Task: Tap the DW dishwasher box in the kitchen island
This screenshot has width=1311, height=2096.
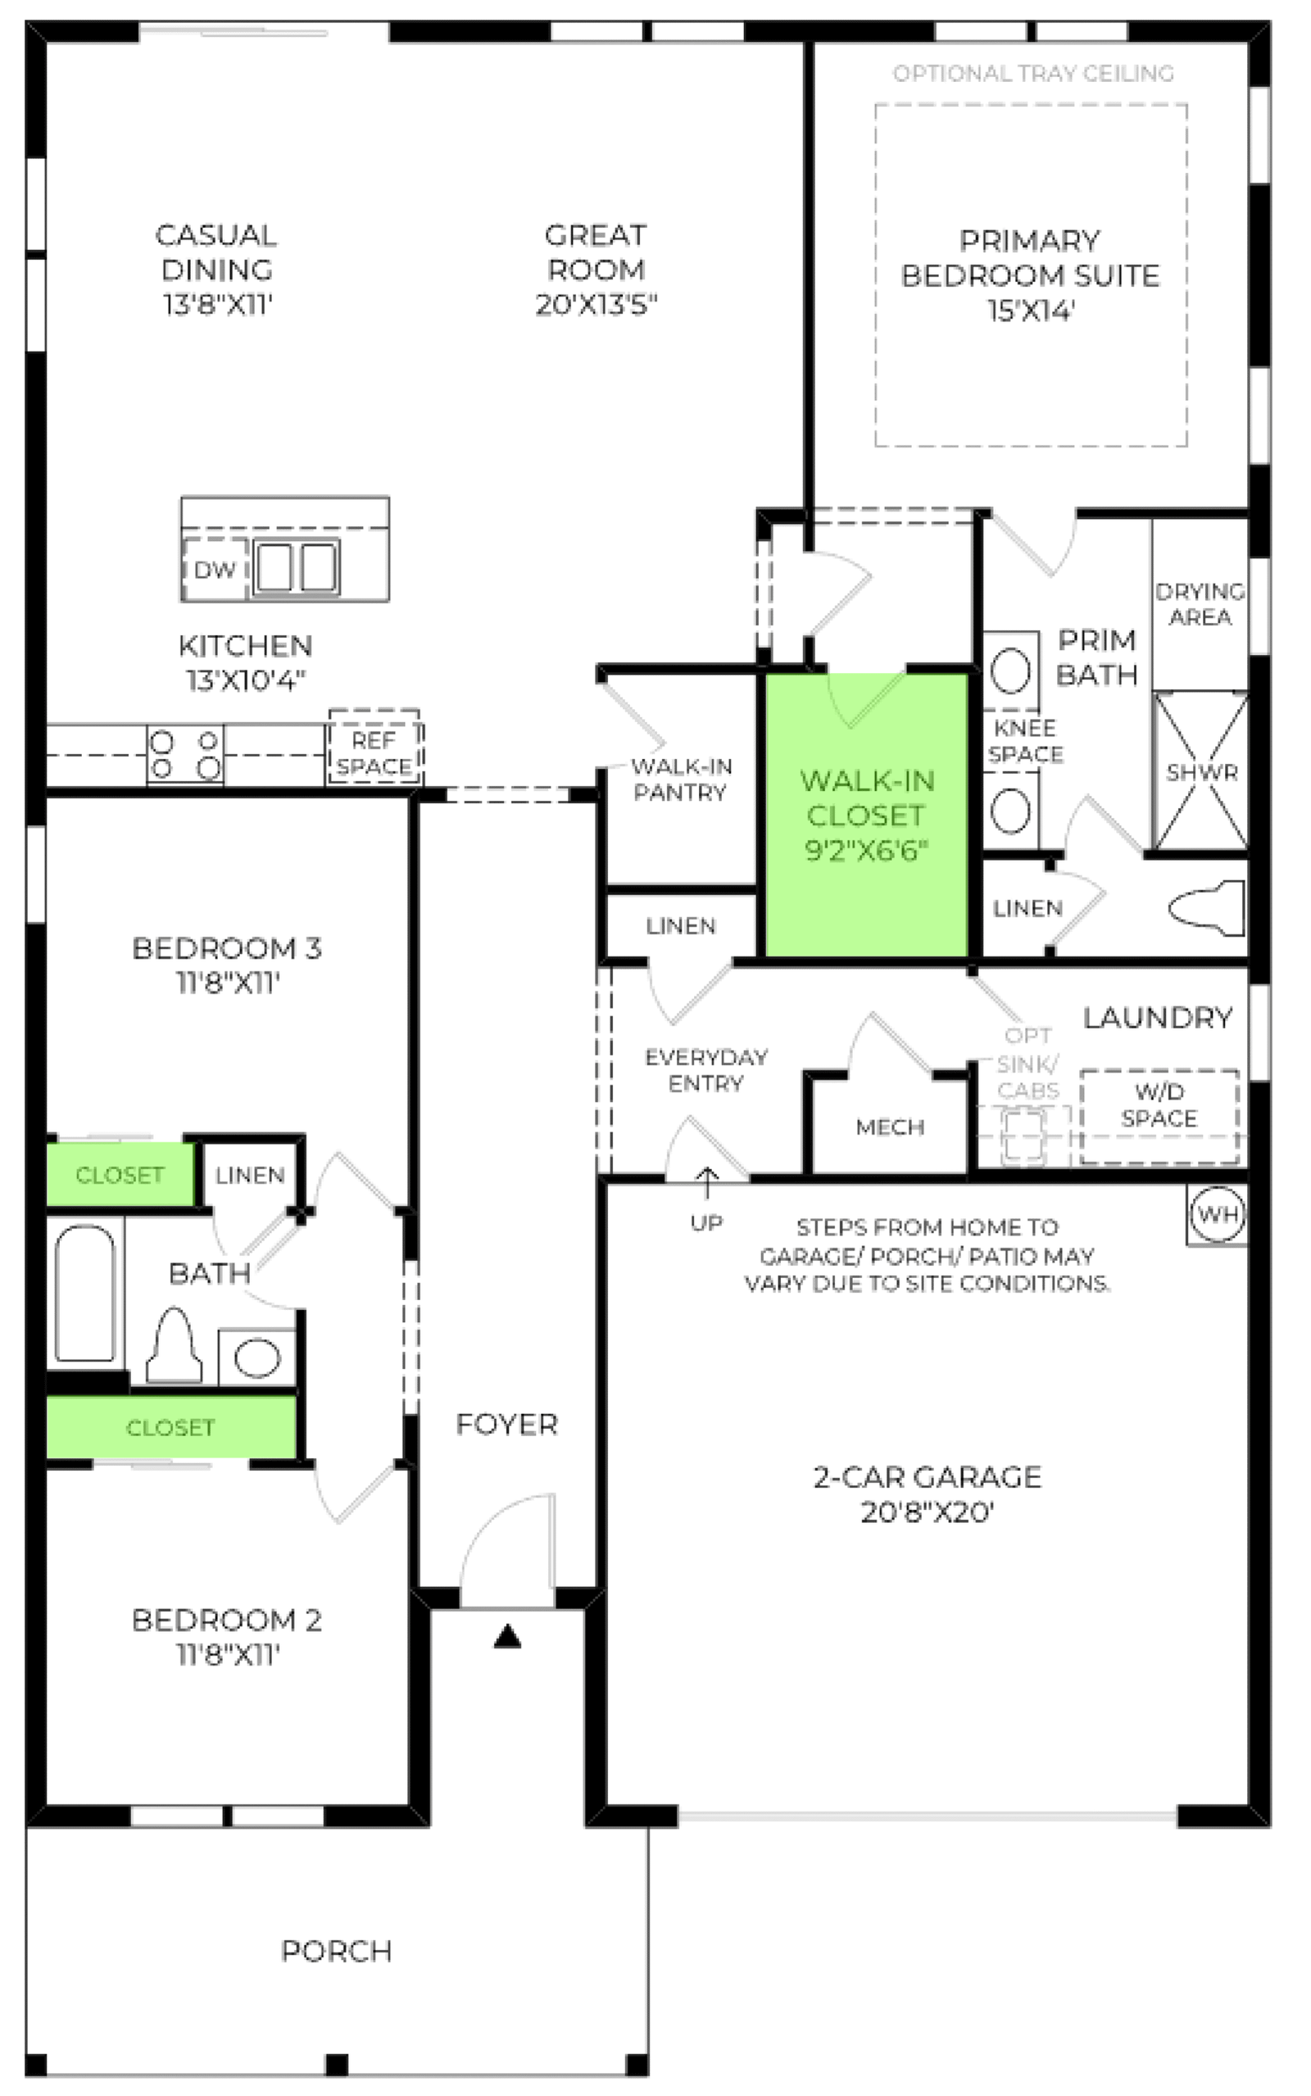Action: pyautogui.click(x=215, y=569)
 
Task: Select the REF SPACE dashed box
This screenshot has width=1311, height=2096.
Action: pyautogui.click(x=374, y=747)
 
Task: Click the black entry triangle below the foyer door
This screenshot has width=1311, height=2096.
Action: pyautogui.click(x=507, y=1636)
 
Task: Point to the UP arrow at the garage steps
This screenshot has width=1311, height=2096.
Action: pyautogui.click(x=707, y=1183)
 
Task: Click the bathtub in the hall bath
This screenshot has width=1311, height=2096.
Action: pyautogui.click(x=85, y=1294)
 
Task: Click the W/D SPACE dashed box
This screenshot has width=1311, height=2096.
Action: pyautogui.click(x=1159, y=1117)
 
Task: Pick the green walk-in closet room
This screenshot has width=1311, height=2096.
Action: pyautogui.click(x=866, y=815)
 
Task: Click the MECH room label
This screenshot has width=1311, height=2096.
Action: pyautogui.click(x=890, y=1126)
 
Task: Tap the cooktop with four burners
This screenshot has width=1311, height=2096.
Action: pyautogui.click(x=184, y=754)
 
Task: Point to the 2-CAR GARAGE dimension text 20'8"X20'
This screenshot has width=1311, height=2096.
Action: pyautogui.click(x=926, y=1512)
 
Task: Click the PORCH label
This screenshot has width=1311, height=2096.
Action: pyautogui.click(x=337, y=1951)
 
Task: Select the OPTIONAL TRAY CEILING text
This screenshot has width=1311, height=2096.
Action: pyautogui.click(x=1033, y=74)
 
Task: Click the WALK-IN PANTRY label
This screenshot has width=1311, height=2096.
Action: pyautogui.click(x=682, y=779)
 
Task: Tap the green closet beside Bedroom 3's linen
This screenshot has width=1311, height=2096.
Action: pyautogui.click(x=120, y=1174)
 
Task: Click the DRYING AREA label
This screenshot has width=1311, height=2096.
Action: pyautogui.click(x=1200, y=603)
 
